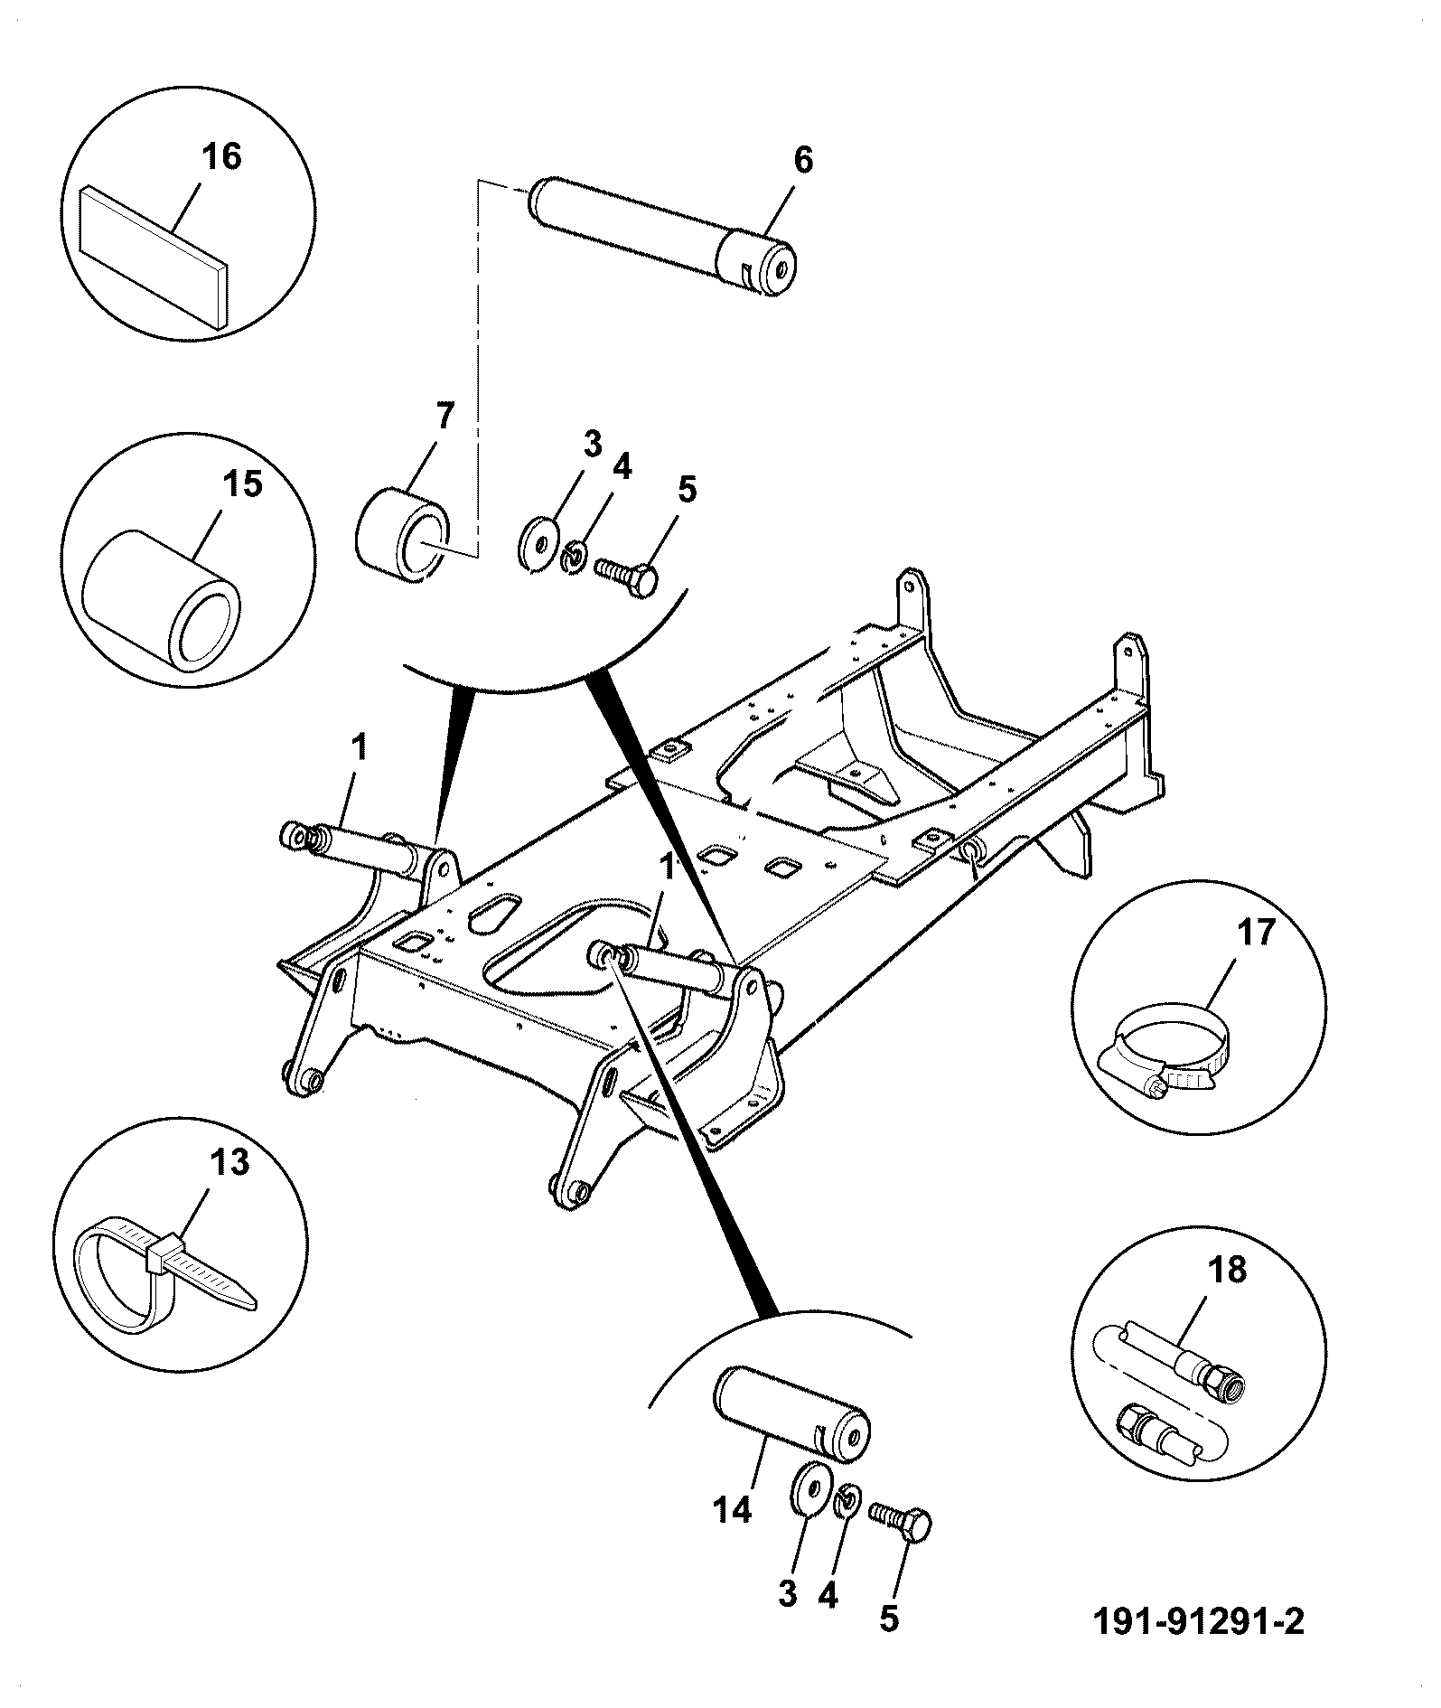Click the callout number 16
221,157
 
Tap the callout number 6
802,160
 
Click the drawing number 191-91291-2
1199,1621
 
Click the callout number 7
444,417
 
